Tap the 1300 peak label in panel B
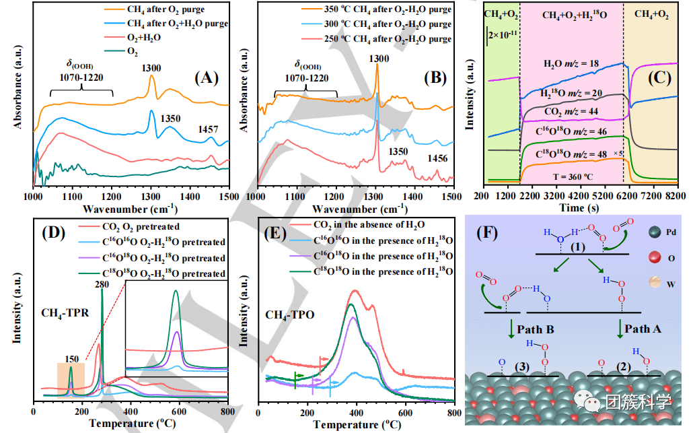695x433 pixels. [379, 59]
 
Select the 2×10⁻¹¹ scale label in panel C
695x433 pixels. [504, 33]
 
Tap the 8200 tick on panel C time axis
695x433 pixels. [678, 195]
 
